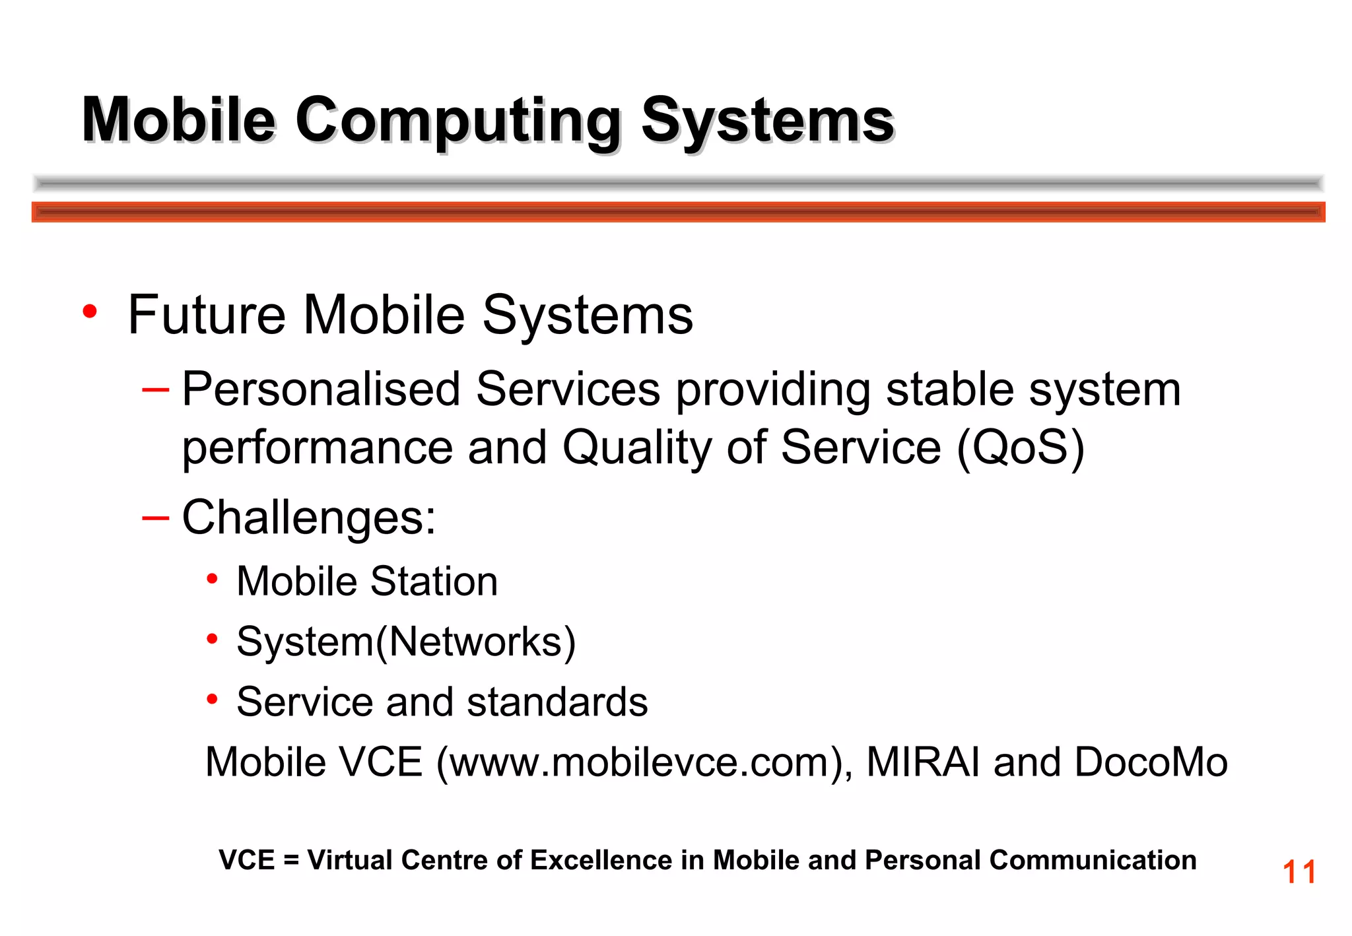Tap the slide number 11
[1299, 872]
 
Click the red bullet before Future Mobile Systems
[90, 312]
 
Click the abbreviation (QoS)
[1020, 448]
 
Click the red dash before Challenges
[156, 518]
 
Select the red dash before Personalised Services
[156, 389]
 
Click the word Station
[434, 582]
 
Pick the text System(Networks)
[406, 642]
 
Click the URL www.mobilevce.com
[639, 762]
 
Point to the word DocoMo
[1151, 762]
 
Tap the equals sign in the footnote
[291, 861]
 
